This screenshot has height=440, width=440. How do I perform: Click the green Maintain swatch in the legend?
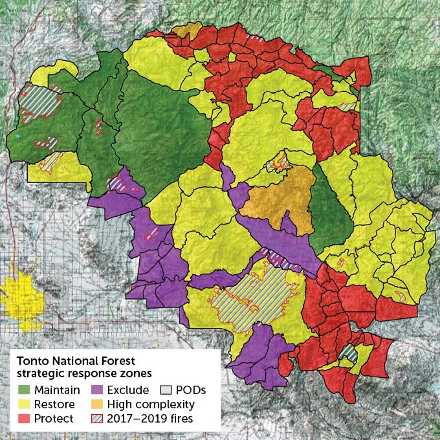(24, 390)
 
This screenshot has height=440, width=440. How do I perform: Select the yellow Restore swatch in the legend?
(24, 404)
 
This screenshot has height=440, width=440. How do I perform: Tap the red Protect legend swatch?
(24, 419)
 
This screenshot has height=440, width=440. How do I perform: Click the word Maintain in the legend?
(58, 390)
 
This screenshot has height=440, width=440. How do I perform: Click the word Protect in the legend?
(54, 419)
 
